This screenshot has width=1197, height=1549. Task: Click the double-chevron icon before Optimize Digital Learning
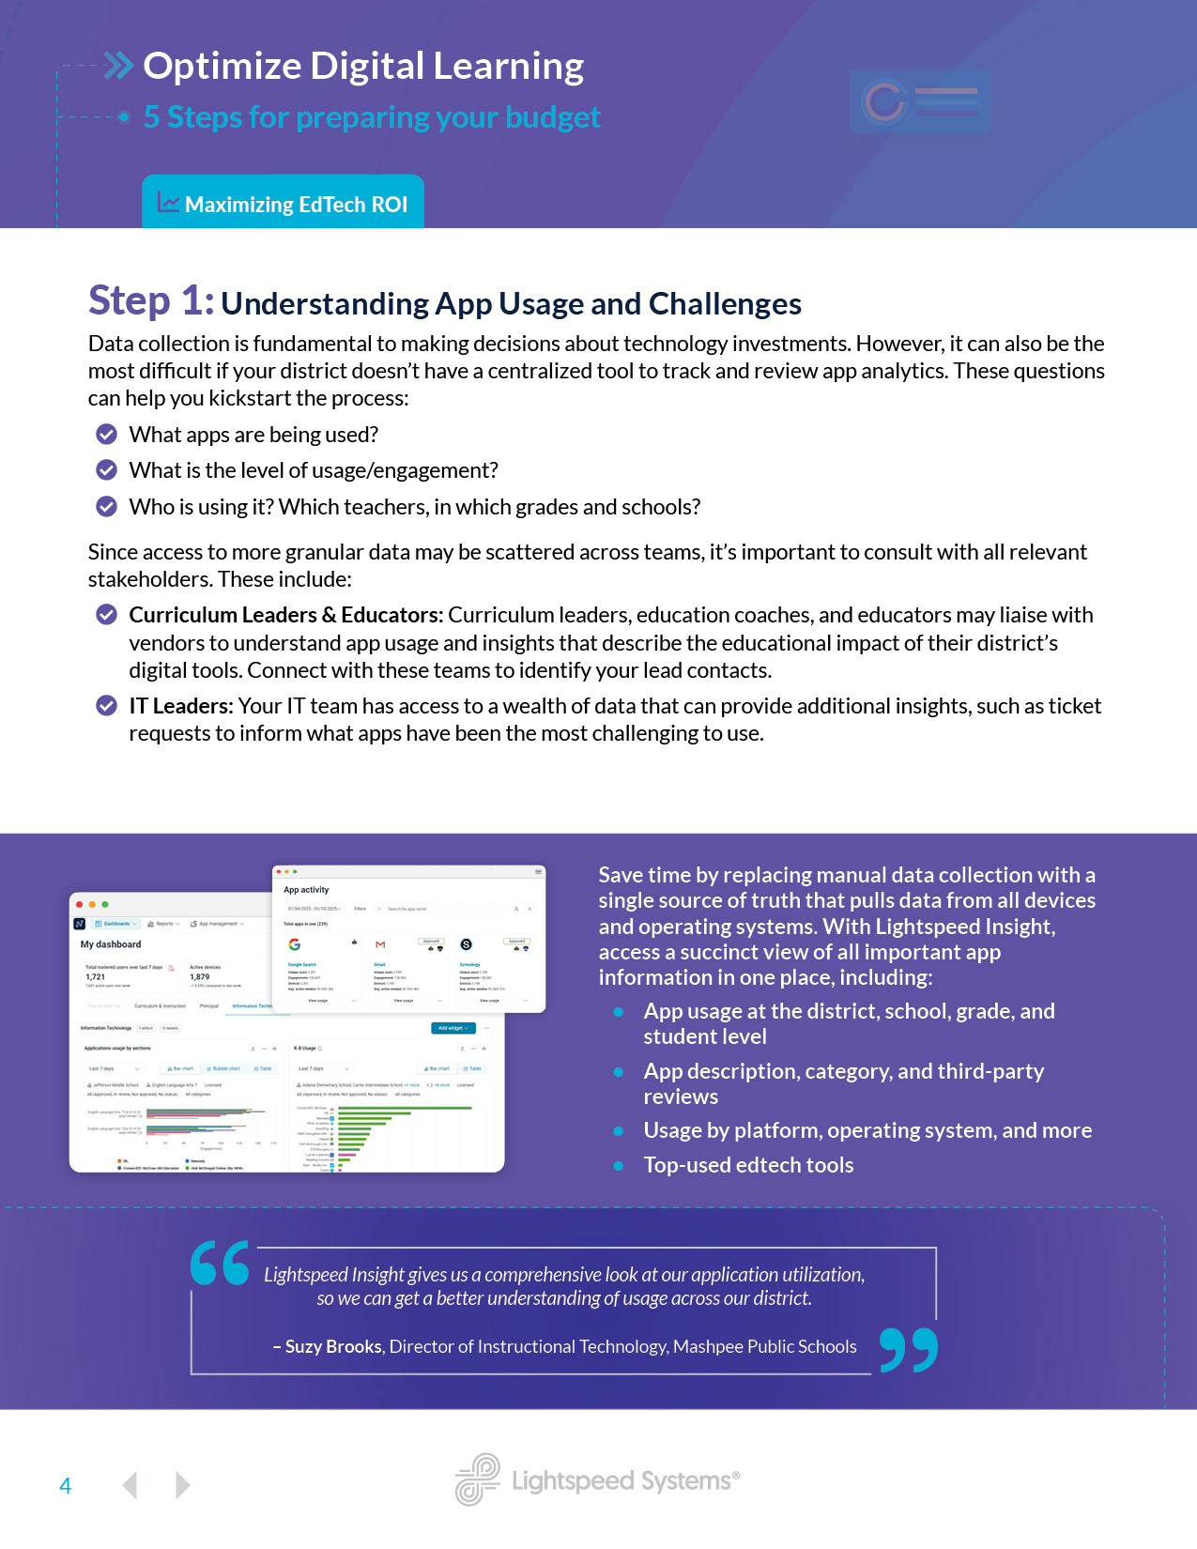pyautogui.click(x=119, y=66)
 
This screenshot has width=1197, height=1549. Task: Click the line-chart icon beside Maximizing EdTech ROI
pyautogui.click(x=168, y=202)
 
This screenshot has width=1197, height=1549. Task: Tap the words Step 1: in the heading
pyautogui.click(x=151, y=301)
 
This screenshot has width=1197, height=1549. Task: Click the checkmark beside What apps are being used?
pyautogui.click(x=107, y=434)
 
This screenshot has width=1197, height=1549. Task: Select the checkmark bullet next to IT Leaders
pyautogui.click(x=107, y=706)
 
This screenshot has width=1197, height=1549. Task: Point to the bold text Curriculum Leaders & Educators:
pyautogui.click(x=285, y=615)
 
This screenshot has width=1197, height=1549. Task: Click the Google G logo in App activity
pyautogui.click(x=295, y=944)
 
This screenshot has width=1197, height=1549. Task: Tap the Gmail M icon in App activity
pyautogui.click(x=380, y=944)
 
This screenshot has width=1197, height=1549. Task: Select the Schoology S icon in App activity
pyautogui.click(x=466, y=944)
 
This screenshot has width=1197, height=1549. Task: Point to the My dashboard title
pyautogui.click(x=111, y=944)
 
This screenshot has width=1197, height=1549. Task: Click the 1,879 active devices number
pyautogui.click(x=200, y=976)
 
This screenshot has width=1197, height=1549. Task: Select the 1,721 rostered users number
pyautogui.click(x=96, y=976)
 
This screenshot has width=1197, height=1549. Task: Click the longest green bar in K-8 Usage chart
pyautogui.click(x=405, y=1109)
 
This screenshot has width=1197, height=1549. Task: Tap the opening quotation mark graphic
pyautogui.click(x=220, y=1263)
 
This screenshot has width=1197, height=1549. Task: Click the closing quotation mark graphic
pyautogui.click(x=908, y=1350)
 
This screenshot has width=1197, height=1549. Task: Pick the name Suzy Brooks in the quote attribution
pyautogui.click(x=333, y=1346)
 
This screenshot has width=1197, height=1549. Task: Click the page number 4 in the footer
pyautogui.click(x=65, y=1486)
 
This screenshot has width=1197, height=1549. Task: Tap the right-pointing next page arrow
pyautogui.click(x=183, y=1484)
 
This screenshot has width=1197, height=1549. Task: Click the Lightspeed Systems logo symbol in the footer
pyautogui.click(x=478, y=1480)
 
